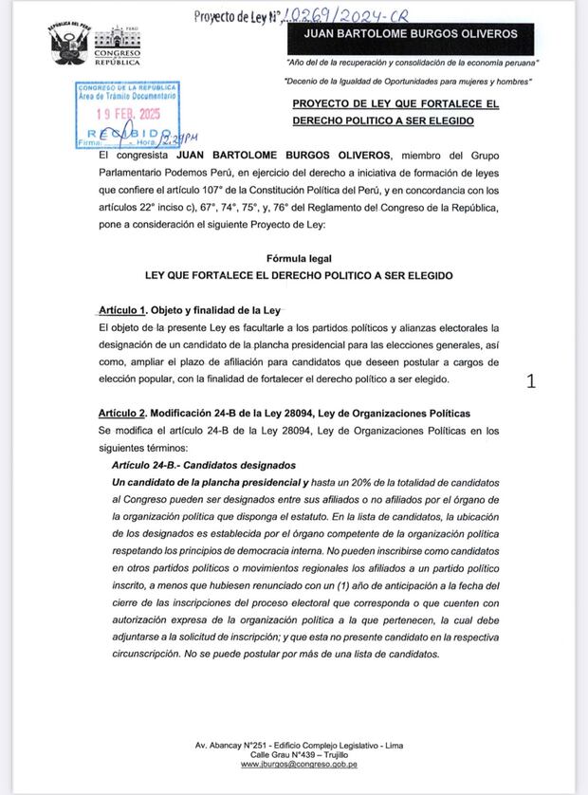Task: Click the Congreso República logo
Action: (x=116, y=46)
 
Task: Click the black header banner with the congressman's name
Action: (x=409, y=33)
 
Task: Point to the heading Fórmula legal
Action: (x=299, y=258)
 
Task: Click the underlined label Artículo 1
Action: (x=122, y=310)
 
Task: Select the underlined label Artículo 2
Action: (x=122, y=414)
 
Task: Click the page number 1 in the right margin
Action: (x=531, y=381)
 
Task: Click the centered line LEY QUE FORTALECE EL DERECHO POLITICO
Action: (x=299, y=275)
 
